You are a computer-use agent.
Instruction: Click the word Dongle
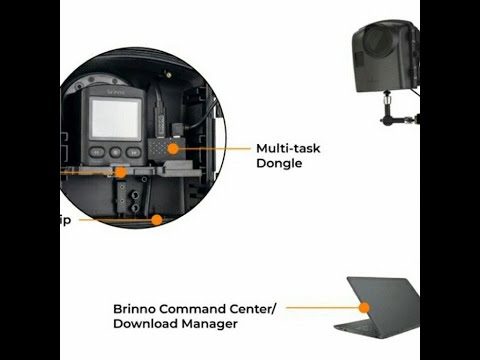[x=279, y=163]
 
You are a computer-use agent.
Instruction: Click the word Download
[x=145, y=324]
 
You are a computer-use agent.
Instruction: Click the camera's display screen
[x=115, y=118]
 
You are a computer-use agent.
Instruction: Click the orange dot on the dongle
[x=173, y=148]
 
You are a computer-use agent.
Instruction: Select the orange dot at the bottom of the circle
[x=156, y=217]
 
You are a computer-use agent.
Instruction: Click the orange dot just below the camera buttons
[x=121, y=171]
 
